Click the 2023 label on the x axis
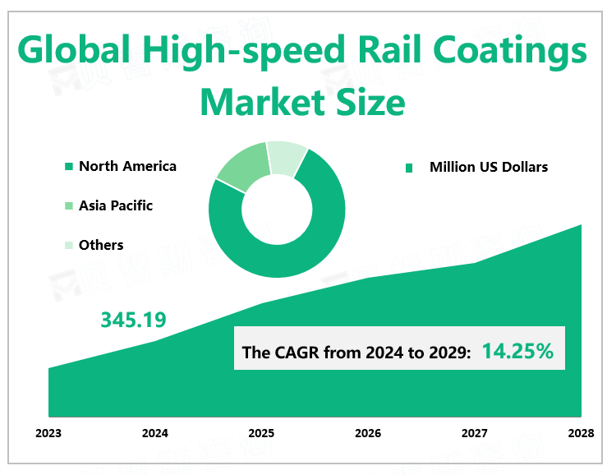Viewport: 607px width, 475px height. click(x=49, y=432)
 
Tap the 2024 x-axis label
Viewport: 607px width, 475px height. click(x=155, y=432)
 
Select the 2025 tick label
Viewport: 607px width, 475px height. click(x=261, y=432)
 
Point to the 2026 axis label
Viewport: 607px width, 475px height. click(x=368, y=432)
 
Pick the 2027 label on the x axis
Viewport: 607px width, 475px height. click(x=474, y=432)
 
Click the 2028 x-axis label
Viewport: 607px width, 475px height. click(x=580, y=432)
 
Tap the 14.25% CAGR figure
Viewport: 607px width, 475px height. click(x=517, y=351)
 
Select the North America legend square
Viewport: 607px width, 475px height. click(x=69, y=168)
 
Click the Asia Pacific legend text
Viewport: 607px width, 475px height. click(x=116, y=205)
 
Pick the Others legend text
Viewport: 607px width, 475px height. click(x=101, y=245)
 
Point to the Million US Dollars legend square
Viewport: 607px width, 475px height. click(x=408, y=168)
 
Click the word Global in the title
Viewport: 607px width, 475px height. click(x=72, y=53)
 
